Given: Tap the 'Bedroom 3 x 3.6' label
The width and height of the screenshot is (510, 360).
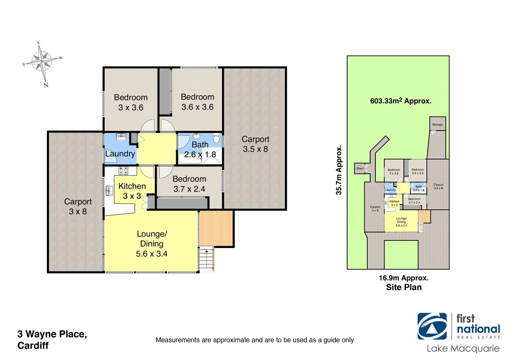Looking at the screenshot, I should click(130, 102).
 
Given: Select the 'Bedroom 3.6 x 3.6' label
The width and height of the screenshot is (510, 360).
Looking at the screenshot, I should click(197, 102).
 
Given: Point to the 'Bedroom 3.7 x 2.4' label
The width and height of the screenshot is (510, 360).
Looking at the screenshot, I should click(189, 184).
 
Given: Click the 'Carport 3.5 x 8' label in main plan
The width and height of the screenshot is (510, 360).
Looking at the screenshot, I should click(255, 144).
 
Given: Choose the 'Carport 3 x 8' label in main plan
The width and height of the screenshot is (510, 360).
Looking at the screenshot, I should click(78, 206).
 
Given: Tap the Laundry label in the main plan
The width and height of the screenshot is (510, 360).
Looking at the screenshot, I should click(120, 154).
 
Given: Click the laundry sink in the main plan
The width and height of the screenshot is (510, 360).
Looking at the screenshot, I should click(121, 137).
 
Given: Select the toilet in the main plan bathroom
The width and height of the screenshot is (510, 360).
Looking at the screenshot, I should click(216, 138).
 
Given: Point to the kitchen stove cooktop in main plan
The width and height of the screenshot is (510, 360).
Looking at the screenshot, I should click(123, 171).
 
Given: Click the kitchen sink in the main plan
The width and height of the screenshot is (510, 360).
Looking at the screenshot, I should click(109, 191).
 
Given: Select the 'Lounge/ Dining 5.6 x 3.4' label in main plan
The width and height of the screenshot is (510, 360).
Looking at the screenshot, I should click(151, 244).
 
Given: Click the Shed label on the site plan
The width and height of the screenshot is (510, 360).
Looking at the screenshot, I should click(360, 168).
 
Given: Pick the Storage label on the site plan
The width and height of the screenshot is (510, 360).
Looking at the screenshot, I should click(437, 125).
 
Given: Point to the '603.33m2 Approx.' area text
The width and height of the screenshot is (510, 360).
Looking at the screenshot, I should click(401, 101).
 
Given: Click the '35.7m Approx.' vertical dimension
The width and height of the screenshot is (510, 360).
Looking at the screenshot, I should click(339, 170).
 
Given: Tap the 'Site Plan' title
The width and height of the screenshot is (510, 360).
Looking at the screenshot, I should click(404, 287).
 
